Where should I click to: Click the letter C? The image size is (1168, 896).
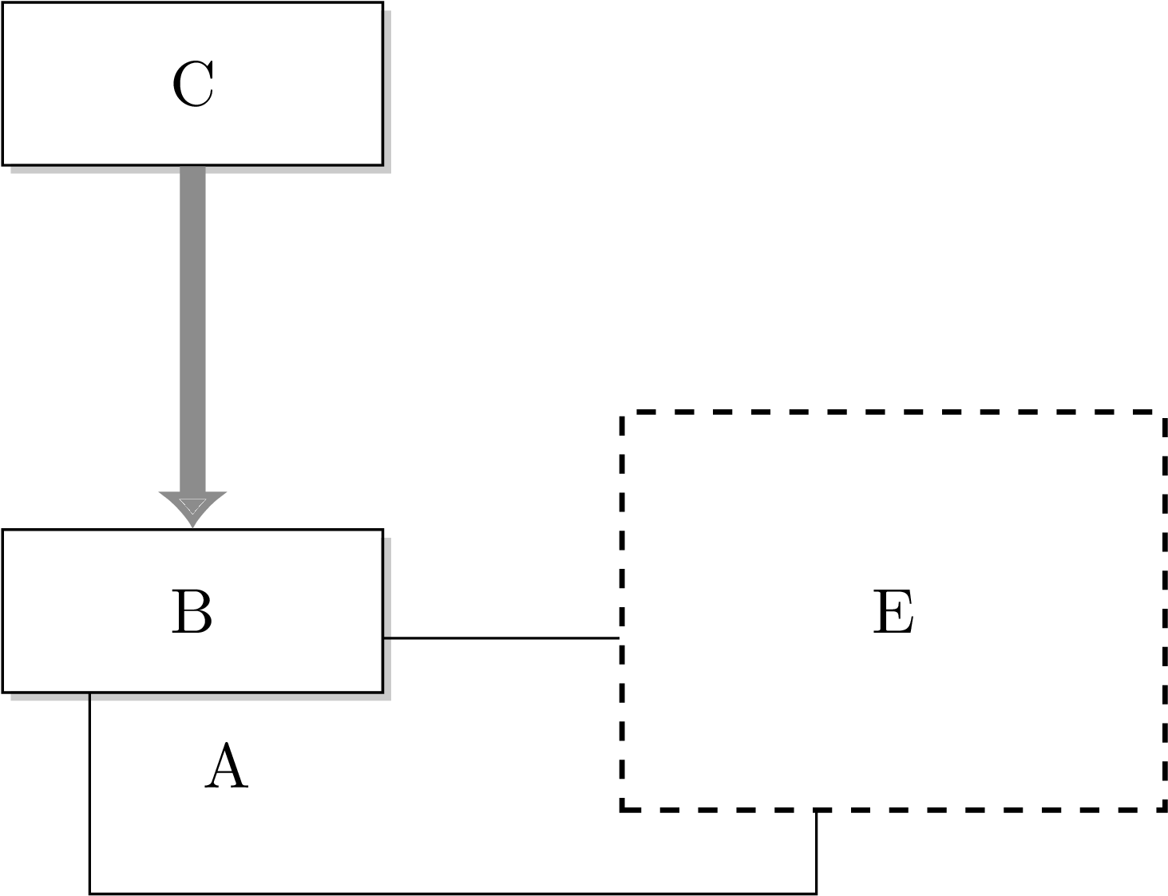pos(192,85)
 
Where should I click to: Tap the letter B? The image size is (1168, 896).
pos(192,613)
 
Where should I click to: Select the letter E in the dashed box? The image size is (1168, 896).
pos(893,613)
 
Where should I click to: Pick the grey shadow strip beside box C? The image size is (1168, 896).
pos(387,88)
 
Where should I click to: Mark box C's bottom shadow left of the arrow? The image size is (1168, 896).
pos(94,170)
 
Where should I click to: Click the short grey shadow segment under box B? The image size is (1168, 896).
pos(49,697)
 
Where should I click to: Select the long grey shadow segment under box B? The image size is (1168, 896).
pos(240,697)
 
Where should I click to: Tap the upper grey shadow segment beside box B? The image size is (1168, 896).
pos(387,587)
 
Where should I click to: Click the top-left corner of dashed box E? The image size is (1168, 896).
pos(624,414)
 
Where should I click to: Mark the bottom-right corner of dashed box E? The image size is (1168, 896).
pos(1162,807)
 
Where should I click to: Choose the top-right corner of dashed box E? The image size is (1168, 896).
pos(1162,414)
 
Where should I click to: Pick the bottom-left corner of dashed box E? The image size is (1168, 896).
pos(624,807)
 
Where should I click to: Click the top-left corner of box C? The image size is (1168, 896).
pos(5,5)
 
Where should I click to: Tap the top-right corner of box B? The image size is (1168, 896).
pos(381,532)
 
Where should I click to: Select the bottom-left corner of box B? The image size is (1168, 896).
pos(5,690)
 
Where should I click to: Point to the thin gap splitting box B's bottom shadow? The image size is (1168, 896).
pos(89,697)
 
